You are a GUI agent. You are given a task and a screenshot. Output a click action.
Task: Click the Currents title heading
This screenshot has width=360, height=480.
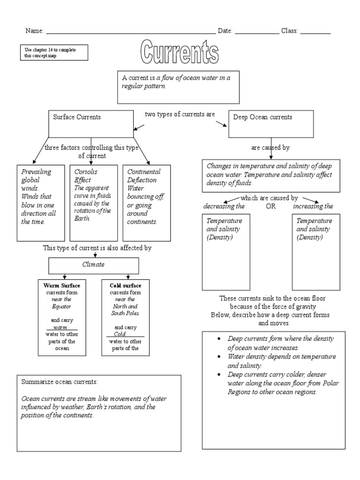tap(180, 53)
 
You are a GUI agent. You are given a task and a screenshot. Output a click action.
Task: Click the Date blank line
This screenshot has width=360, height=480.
tap(256, 31)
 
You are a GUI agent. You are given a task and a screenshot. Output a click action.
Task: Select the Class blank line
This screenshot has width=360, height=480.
tap(315, 31)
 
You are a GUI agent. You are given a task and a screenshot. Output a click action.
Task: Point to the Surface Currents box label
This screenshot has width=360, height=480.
tap(76, 117)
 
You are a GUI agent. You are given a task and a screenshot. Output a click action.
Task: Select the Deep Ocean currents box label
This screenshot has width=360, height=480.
tap(262, 117)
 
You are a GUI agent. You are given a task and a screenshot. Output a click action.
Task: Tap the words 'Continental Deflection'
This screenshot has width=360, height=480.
tap(144, 176)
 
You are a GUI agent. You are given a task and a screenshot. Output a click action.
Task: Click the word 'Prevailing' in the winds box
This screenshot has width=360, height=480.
tap(36, 172)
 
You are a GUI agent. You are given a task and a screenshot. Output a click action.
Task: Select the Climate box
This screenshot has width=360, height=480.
tap(93, 265)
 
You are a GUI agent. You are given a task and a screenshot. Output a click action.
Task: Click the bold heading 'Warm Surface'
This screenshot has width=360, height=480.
tap(61, 285)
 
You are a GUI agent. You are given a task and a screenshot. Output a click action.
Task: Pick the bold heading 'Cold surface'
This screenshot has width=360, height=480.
tap(125, 285)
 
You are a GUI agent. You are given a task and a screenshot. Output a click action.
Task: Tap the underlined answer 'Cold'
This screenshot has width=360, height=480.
tap(120, 334)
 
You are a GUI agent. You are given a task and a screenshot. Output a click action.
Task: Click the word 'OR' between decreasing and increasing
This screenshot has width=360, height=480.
tap(271, 206)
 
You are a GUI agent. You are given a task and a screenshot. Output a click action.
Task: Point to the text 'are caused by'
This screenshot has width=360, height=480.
tap(270, 148)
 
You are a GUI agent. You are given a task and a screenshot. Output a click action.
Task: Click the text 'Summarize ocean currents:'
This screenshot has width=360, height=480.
tap(60, 382)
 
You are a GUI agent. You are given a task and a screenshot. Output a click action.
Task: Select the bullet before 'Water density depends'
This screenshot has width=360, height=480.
tap(220, 357)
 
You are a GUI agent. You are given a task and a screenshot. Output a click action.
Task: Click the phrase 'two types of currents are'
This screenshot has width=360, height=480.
tap(180, 114)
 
